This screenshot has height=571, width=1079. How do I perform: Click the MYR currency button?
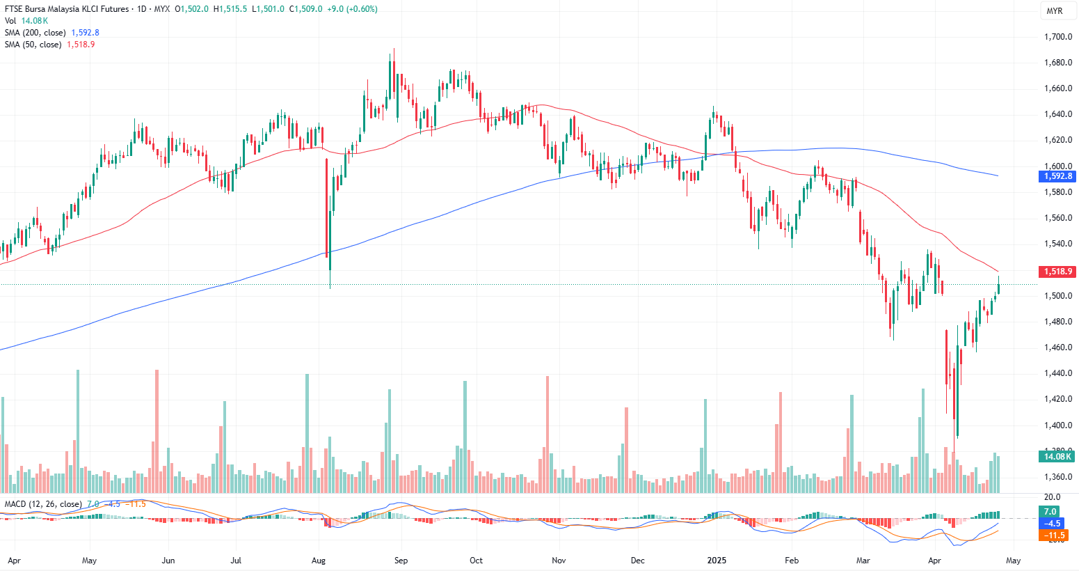point(1055,11)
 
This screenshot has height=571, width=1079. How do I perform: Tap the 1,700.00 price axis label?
point(1057,37)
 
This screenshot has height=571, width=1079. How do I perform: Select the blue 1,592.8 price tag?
point(1057,177)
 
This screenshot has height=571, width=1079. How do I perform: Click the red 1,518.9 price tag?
point(1057,272)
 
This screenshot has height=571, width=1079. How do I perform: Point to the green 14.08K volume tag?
point(1057,457)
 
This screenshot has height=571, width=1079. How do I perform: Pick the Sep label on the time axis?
point(401,560)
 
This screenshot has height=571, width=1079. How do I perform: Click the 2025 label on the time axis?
point(717,560)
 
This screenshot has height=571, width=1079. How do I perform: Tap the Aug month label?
point(319,560)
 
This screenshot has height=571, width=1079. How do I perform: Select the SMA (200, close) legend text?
point(35,33)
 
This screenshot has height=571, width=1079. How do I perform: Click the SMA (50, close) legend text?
point(33,45)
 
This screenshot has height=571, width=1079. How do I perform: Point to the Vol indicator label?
point(10,21)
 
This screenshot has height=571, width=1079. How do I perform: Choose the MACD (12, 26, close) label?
point(43,504)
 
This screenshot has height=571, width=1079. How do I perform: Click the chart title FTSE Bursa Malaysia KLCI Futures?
point(67,9)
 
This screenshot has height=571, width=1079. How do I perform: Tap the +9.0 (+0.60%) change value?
point(353,9)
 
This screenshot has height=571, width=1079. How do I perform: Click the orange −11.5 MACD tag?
point(1053,535)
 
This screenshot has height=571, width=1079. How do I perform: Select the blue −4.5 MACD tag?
point(1052,524)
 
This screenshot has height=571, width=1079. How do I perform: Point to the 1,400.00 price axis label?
point(1057,425)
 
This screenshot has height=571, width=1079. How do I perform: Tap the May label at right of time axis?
point(1014,560)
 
